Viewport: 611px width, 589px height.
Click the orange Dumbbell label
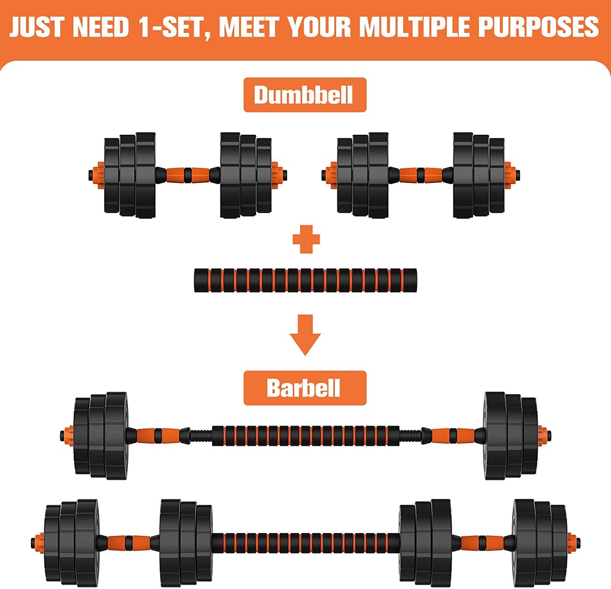(x=304, y=95)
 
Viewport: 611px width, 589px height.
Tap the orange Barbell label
(x=304, y=388)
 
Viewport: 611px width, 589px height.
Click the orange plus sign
(x=306, y=239)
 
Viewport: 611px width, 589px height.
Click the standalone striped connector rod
(x=305, y=280)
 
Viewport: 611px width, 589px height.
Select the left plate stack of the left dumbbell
(x=129, y=175)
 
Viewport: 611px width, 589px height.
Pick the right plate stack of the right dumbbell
(x=479, y=175)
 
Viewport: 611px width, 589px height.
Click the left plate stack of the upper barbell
(x=101, y=435)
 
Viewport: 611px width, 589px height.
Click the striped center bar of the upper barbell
(x=305, y=436)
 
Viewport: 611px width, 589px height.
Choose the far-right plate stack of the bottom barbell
(x=540, y=542)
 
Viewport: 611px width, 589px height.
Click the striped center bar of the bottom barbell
(x=305, y=543)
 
